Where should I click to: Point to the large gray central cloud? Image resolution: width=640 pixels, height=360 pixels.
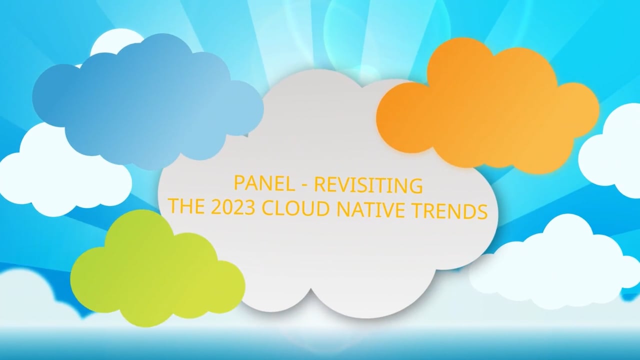coord(325,260)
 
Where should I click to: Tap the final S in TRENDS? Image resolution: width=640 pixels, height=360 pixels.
coord(482,211)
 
